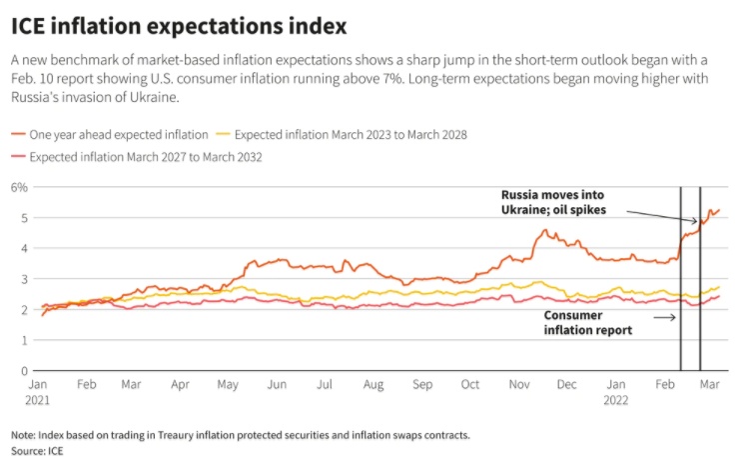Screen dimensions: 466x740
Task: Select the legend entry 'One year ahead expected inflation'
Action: [x=119, y=133]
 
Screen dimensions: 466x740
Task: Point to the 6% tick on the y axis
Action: [x=19, y=187]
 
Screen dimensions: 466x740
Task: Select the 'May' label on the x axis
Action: [x=228, y=384]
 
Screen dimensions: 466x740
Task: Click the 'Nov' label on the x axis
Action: [x=519, y=384]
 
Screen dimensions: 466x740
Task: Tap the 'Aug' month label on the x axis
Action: [x=372, y=384]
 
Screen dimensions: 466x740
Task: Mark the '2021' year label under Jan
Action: [x=40, y=399]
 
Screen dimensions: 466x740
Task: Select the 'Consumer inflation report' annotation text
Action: [x=588, y=322]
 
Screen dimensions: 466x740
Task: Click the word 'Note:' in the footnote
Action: [x=23, y=435]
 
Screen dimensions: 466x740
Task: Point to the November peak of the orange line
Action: [x=543, y=231]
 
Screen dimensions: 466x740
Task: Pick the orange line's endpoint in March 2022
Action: [x=719, y=210]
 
